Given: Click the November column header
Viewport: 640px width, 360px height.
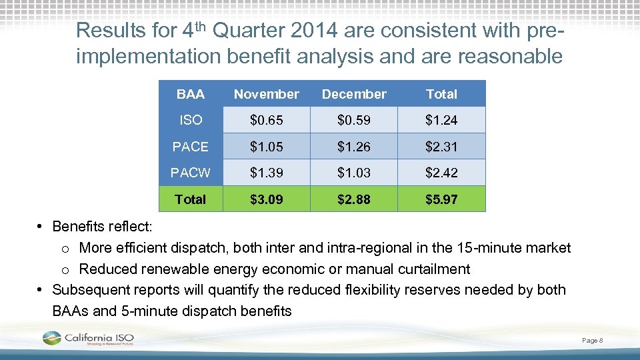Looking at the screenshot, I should point(266,94).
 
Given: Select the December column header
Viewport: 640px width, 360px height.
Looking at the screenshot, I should point(354,94).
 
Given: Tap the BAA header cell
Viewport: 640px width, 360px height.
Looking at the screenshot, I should point(191,94).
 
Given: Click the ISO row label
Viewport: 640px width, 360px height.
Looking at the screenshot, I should point(191,121).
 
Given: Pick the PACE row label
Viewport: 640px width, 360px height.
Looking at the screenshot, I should point(191,147).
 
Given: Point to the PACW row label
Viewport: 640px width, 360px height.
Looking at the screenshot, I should point(191,173).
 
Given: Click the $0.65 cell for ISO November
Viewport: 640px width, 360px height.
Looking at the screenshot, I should point(266,121).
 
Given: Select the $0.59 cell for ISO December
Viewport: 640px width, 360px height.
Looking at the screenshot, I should point(354,121).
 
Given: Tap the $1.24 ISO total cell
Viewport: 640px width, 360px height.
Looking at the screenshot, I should point(441,121).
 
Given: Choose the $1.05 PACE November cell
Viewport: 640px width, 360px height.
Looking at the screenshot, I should point(266,147).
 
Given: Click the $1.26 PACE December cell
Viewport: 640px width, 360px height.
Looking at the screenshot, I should point(354,147).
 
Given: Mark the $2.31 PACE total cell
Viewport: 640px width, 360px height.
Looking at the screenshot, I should point(441,147).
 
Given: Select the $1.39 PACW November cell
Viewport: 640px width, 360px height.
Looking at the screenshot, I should point(266,173).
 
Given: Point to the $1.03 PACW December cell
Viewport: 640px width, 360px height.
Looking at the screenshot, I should point(354,173).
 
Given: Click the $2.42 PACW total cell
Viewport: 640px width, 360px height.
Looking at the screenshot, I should point(441,173).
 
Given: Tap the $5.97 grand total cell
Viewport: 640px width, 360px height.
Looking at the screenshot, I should point(441,199).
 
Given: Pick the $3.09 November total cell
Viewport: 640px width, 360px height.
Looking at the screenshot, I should point(266,199).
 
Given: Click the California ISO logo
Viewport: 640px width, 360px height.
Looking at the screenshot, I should point(87,339).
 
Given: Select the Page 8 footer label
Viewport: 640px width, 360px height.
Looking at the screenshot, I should point(592,341).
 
